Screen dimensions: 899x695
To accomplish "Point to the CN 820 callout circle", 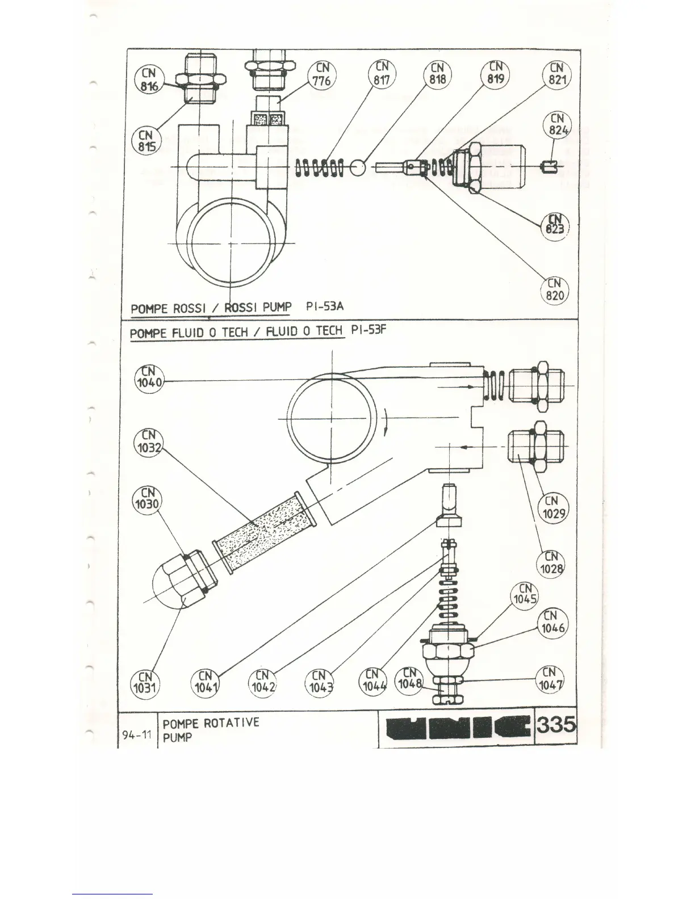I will pos(554,289).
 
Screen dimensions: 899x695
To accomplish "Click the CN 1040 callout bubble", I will pos(149,377).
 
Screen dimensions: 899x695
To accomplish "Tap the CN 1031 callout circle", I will pos(146,683).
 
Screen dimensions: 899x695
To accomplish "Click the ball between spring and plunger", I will pos(358,167).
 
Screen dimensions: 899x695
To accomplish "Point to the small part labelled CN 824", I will pos(548,167).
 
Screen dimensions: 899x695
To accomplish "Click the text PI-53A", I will pos(324,307).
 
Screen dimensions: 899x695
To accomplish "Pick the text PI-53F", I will pos(369,330).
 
